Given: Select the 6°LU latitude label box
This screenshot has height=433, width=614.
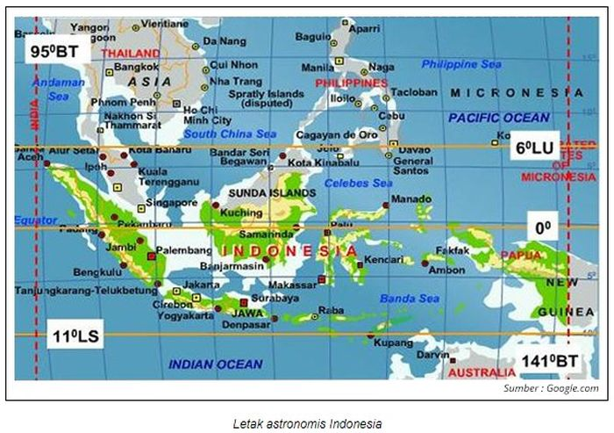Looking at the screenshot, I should click(x=534, y=148).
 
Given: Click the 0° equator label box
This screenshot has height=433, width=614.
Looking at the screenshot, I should click(x=543, y=227).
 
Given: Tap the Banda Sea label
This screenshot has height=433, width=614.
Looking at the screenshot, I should click(x=410, y=299).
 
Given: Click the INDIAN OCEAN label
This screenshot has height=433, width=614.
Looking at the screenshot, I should click(x=215, y=364).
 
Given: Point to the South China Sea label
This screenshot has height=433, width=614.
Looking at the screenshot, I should click(x=230, y=134).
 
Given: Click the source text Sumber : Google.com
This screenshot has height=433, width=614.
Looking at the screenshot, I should click(x=551, y=388).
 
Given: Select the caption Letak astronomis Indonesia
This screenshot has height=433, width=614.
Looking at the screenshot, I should click(x=307, y=422).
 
